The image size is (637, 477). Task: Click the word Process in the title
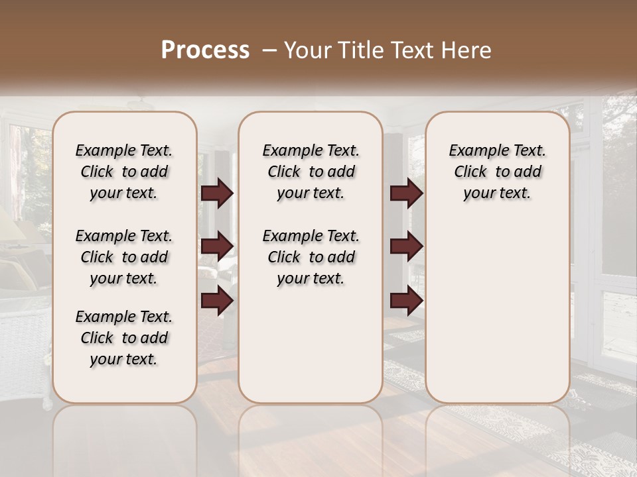tap(205, 50)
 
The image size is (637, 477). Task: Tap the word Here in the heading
tap(467, 50)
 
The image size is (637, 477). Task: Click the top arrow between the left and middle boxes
tap(217, 193)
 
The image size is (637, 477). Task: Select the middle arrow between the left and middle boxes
tap(217, 246)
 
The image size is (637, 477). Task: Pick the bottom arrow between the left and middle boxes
tap(217, 301)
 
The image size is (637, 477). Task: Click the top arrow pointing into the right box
tap(406, 193)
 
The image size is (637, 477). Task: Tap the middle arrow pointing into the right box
tap(406, 246)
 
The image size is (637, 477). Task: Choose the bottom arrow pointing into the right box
tap(406, 301)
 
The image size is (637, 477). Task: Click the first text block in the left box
tap(124, 172)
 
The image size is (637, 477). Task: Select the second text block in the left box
tap(124, 257)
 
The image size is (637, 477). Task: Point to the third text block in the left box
tap(124, 338)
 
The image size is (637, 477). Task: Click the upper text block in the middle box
tap(311, 172)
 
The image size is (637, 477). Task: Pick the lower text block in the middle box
tap(311, 257)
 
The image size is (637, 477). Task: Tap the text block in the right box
tap(497, 172)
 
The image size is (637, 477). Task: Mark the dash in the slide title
tap(269, 50)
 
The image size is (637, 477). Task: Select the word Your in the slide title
tap(304, 50)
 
